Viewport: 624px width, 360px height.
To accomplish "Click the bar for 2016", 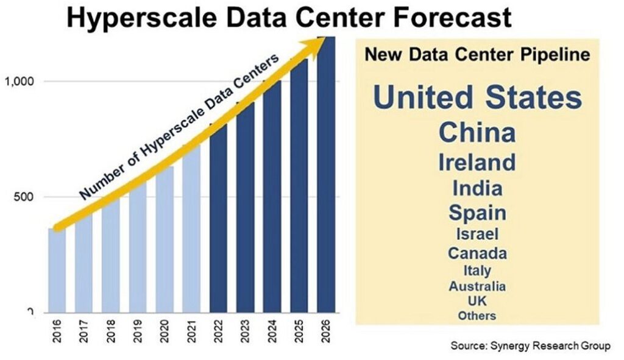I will [x=57, y=271].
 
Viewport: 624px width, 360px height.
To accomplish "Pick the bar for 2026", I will [x=326, y=177].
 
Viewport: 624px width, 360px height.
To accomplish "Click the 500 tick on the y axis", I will [x=24, y=197].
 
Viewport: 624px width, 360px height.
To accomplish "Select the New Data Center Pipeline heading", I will [x=477, y=55].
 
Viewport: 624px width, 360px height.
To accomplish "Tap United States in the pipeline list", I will [x=477, y=97].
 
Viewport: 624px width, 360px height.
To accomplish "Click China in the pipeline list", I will [x=477, y=132].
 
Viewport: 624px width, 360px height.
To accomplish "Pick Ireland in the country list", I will [x=477, y=162].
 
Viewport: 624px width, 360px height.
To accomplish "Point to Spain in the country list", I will [x=477, y=213].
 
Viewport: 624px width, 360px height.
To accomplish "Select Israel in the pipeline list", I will [x=477, y=233].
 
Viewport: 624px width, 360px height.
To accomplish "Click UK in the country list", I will [x=477, y=301].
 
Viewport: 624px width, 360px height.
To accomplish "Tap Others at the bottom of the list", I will [x=477, y=316].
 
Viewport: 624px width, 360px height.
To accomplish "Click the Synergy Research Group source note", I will [x=530, y=346].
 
